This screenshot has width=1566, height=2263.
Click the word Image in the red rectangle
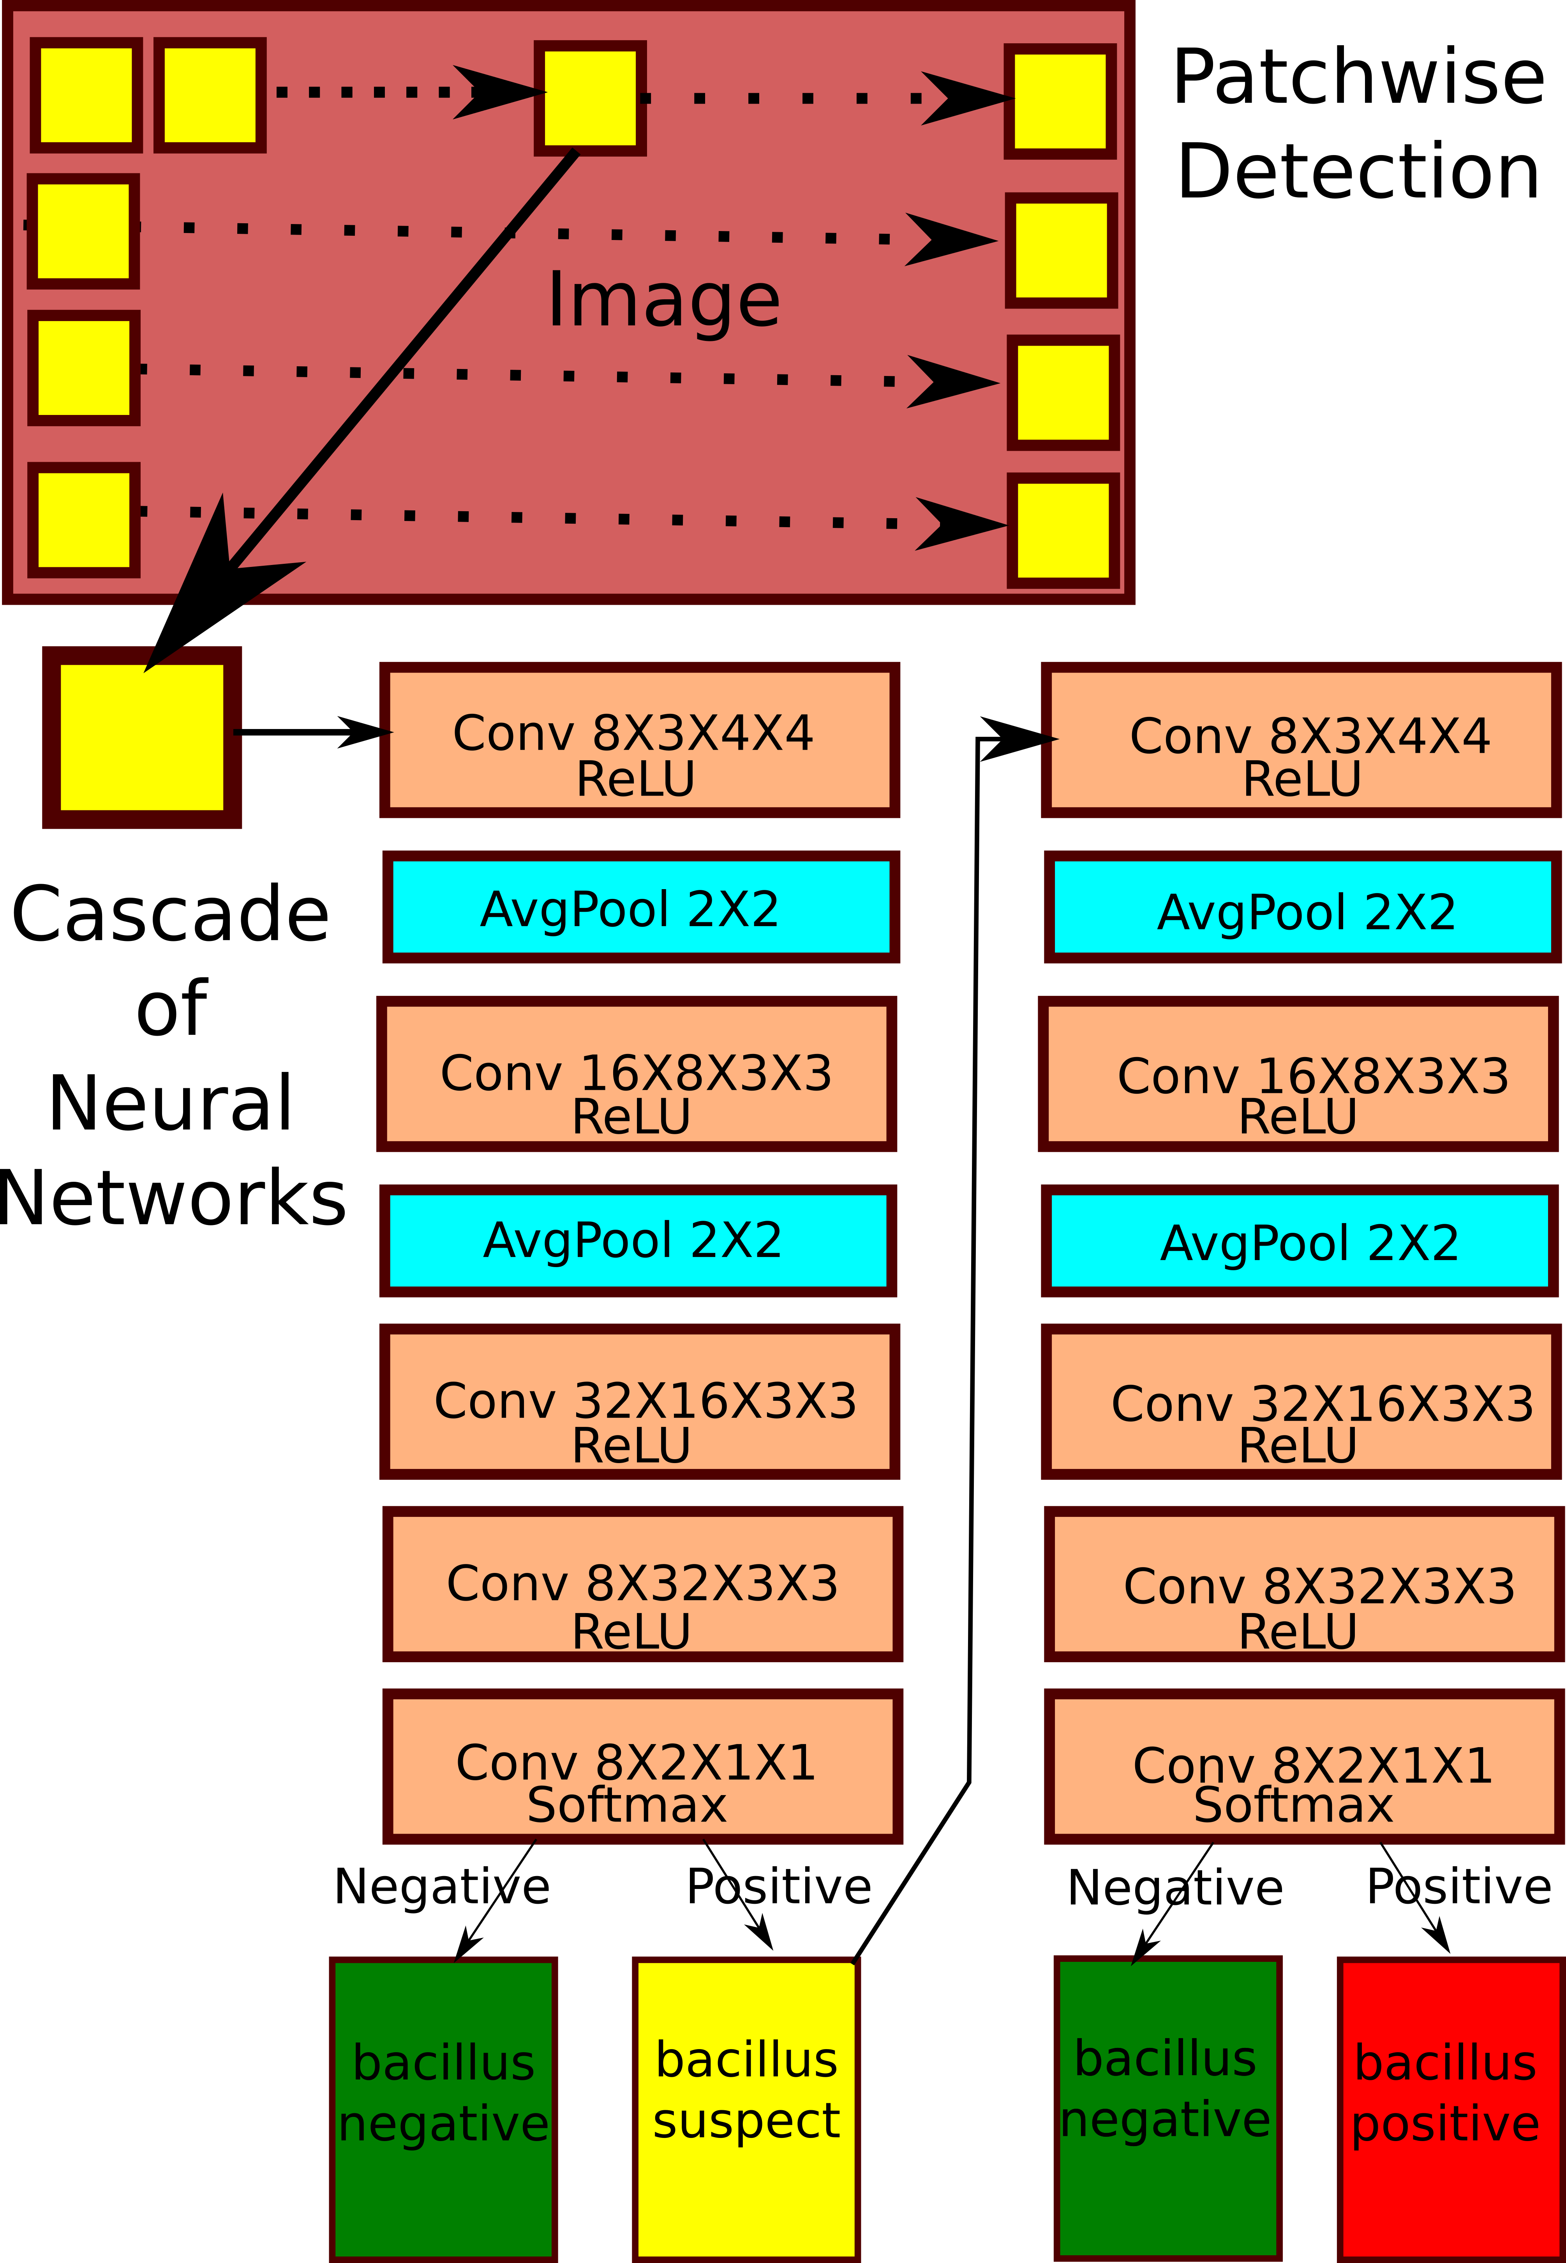click(663, 299)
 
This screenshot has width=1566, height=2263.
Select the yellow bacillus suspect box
click(746, 2110)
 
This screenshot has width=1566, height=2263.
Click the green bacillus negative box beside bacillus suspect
click(443, 2110)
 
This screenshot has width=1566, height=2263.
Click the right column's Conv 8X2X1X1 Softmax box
click(1303, 1767)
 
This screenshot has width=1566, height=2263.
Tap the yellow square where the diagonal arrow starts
click(590, 98)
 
